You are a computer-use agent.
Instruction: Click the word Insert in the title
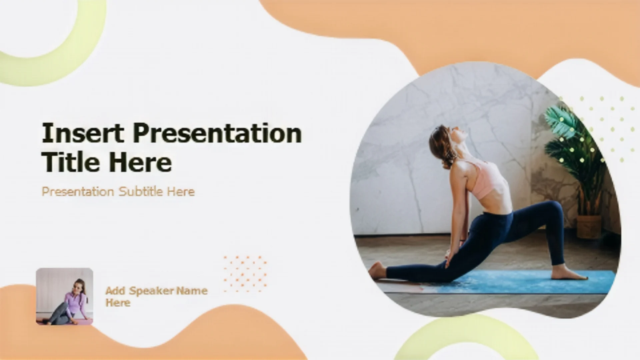point(83,133)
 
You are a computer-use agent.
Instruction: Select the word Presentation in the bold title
point(217,133)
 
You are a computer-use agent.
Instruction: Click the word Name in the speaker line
point(192,291)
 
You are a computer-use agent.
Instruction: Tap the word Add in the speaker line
point(115,291)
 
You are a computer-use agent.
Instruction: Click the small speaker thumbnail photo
point(64,296)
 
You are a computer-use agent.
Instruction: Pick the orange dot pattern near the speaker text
point(245,273)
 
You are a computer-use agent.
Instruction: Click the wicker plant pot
point(589,227)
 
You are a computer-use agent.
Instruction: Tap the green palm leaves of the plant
point(573,140)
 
